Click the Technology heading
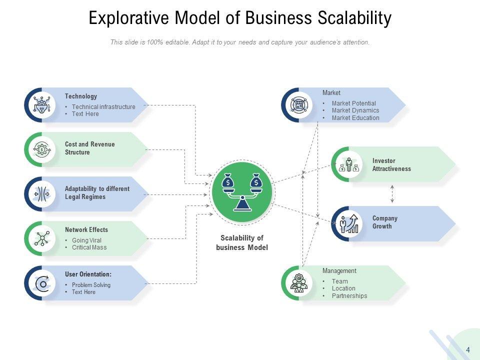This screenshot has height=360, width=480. pyautogui.click(x=81, y=96)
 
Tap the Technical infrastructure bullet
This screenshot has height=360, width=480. pyautogui.click(x=103, y=107)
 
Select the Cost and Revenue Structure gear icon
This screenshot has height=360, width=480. pyautogui.click(x=41, y=149)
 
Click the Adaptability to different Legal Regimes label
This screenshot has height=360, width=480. pyautogui.click(x=97, y=193)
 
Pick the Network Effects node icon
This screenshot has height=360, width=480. pyautogui.click(x=42, y=238)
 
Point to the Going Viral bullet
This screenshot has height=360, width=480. pyautogui.click(x=86, y=240)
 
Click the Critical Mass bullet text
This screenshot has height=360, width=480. pyautogui.click(x=89, y=247)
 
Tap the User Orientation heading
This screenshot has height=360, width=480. pyautogui.click(x=88, y=274)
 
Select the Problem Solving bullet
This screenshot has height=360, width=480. pyautogui.click(x=91, y=284)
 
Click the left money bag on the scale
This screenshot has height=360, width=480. pyautogui.click(x=227, y=181)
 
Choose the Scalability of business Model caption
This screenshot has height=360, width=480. pyautogui.click(x=242, y=242)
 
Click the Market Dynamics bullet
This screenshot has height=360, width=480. pyautogui.click(x=355, y=110)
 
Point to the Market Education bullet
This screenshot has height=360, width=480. pyautogui.click(x=355, y=118)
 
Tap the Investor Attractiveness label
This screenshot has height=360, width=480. pyautogui.click(x=391, y=164)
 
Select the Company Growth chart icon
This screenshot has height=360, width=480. pyautogui.click(x=349, y=224)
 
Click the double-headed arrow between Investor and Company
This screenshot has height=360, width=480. pyautogui.click(x=392, y=194)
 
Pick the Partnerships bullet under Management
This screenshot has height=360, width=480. pyautogui.click(x=349, y=295)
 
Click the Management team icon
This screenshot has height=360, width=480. pyautogui.click(x=299, y=283)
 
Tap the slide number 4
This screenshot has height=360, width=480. pyautogui.click(x=468, y=349)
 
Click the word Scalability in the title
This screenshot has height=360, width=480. pyautogui.click(x=354, y=18)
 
